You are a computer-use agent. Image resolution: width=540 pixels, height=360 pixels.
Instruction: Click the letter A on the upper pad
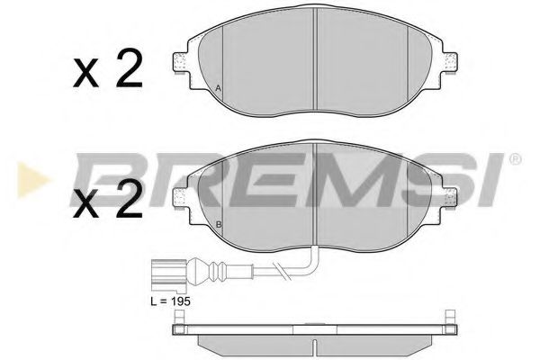point(219,87)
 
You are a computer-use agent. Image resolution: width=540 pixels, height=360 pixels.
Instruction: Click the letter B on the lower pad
point(219,223)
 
